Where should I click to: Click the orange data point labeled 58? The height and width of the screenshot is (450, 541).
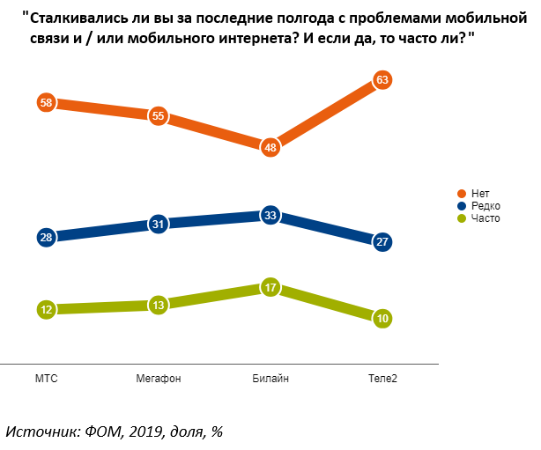47,102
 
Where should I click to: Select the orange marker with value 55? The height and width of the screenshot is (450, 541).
159,115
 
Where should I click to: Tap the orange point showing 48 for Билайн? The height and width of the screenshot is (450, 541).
270,147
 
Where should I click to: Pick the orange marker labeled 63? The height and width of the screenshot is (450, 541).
382,80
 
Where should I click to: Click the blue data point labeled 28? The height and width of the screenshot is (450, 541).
47,237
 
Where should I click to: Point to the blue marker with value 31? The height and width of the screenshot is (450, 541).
159,224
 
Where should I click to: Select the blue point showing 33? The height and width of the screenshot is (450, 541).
270,215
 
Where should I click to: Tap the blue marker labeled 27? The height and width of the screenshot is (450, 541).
382,241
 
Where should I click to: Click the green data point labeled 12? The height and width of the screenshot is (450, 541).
47,309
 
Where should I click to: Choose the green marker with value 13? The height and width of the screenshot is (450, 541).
159,305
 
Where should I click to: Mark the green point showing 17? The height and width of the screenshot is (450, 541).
270,287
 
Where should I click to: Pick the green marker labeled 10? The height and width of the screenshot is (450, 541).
382,318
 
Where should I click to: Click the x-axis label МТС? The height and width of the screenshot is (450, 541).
47,379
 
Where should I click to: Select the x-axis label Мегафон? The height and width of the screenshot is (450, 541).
159,379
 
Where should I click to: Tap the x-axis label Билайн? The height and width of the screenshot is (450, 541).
270,379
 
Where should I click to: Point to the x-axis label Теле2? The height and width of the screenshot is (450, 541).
382,379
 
